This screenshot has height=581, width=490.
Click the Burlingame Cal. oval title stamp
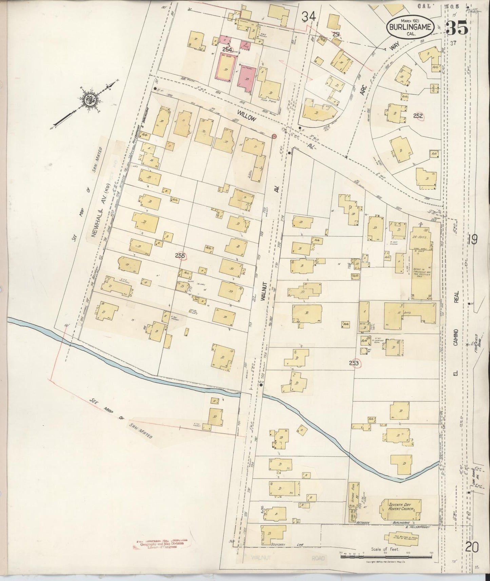[410, 27]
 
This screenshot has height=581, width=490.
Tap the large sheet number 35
[457, 27]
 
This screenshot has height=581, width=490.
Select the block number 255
[180, 256]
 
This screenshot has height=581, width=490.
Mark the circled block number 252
[418, 116]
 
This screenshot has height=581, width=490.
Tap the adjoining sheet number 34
[309, 16]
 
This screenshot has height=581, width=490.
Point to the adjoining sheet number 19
[472, 240]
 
